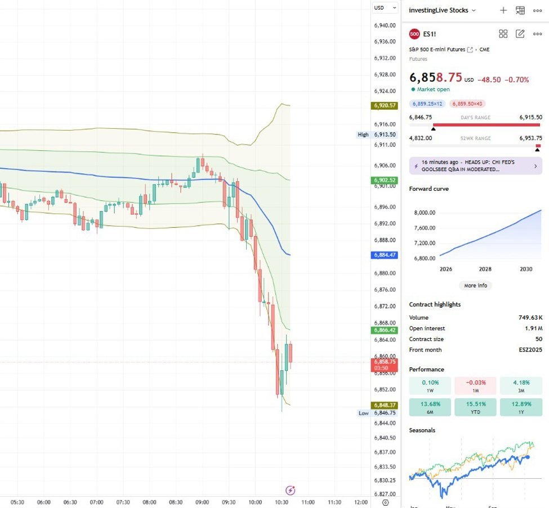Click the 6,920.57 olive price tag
(385, 105)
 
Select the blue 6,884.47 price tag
(385, 255)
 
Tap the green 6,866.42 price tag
(385, 330)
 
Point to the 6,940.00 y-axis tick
(384, 25)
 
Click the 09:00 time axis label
(202, 502)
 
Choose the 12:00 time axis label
(360, 502)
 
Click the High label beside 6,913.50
(363, 134)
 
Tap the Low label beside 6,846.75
(364, 413)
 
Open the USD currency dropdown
(381, 7)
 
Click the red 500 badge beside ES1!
(414, 34)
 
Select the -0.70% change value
(517, 80)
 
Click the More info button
(475, 285)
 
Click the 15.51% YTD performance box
(475, 407)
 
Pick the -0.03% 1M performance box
(475, 385)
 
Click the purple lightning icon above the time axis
(291, 490)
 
